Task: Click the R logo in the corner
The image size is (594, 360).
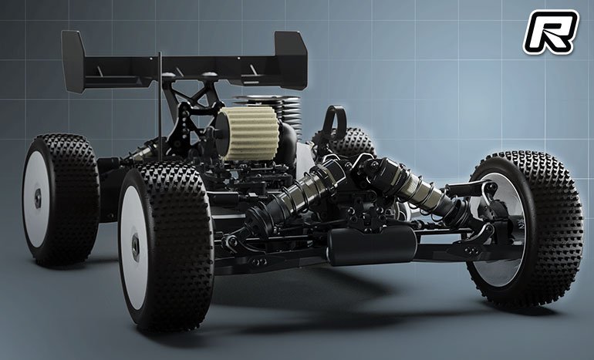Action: pyautogui.click(x=551, y=32)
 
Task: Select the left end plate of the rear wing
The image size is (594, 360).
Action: pyautogui.click(x=73, y=62)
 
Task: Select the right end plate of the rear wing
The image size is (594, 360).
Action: pyautogui.click(x=291, y=60)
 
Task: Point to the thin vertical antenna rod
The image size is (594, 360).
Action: pyautogui.click(x=160, y=106)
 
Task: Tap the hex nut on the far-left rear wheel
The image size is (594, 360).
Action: pyautogui.click(x=38, y=198)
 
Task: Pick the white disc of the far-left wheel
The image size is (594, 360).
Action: pyautogui.click(x=36, y=199)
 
